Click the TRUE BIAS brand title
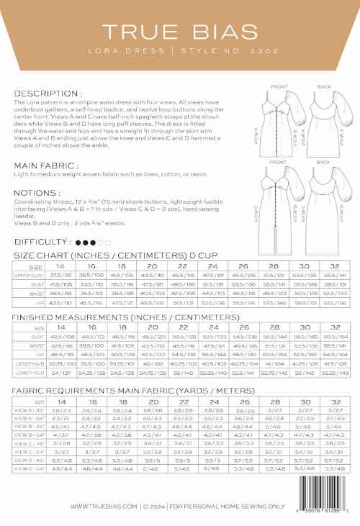tap(180, 32)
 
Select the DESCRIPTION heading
tap(48, 94)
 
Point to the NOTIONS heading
tap(40, 193)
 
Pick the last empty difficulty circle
tap(108, 242)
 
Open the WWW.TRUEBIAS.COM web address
tap(104, 507)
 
